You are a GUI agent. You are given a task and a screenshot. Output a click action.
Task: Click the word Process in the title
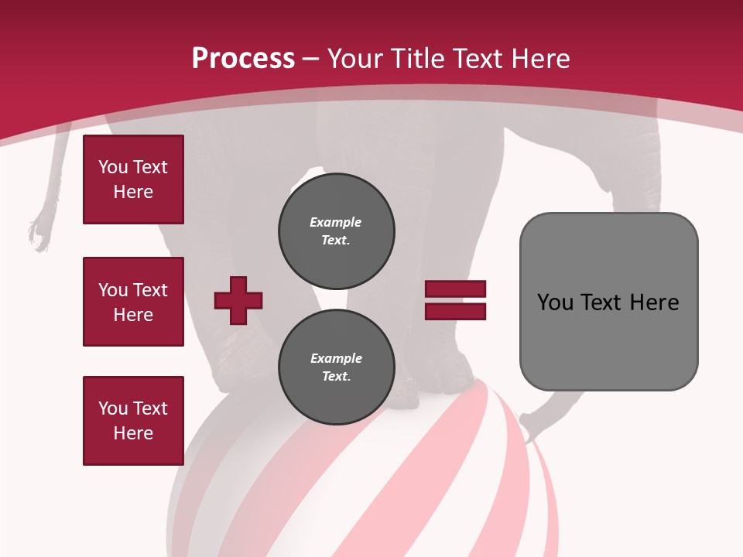[x=243, y=59]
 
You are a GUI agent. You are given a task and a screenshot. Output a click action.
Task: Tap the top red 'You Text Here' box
[x=133, y=179]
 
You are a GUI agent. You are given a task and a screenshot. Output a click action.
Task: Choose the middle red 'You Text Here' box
[x=133, y=302]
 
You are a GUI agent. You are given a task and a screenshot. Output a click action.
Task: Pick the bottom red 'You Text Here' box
[x=133, y=421]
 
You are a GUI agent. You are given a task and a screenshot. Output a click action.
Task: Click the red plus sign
[x=238, y=299]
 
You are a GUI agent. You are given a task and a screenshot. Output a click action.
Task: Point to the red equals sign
[x=455, y=299]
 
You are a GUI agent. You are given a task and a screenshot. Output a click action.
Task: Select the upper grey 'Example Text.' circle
[x=337, y=231]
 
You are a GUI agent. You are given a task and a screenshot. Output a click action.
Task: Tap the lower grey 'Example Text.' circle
[x=337, y=367]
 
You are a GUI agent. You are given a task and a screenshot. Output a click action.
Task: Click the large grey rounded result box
[x=608, y=302]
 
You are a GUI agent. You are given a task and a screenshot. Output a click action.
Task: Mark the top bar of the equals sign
[x=455, y=289]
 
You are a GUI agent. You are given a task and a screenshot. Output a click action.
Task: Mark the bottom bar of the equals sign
[x=455, y=311]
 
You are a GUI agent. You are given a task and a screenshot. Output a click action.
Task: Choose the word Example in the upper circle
[x=336, y=222]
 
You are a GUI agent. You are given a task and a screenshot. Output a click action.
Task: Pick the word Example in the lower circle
[x=336, y=358]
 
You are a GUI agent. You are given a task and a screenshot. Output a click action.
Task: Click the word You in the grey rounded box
[x=555, y=302]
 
